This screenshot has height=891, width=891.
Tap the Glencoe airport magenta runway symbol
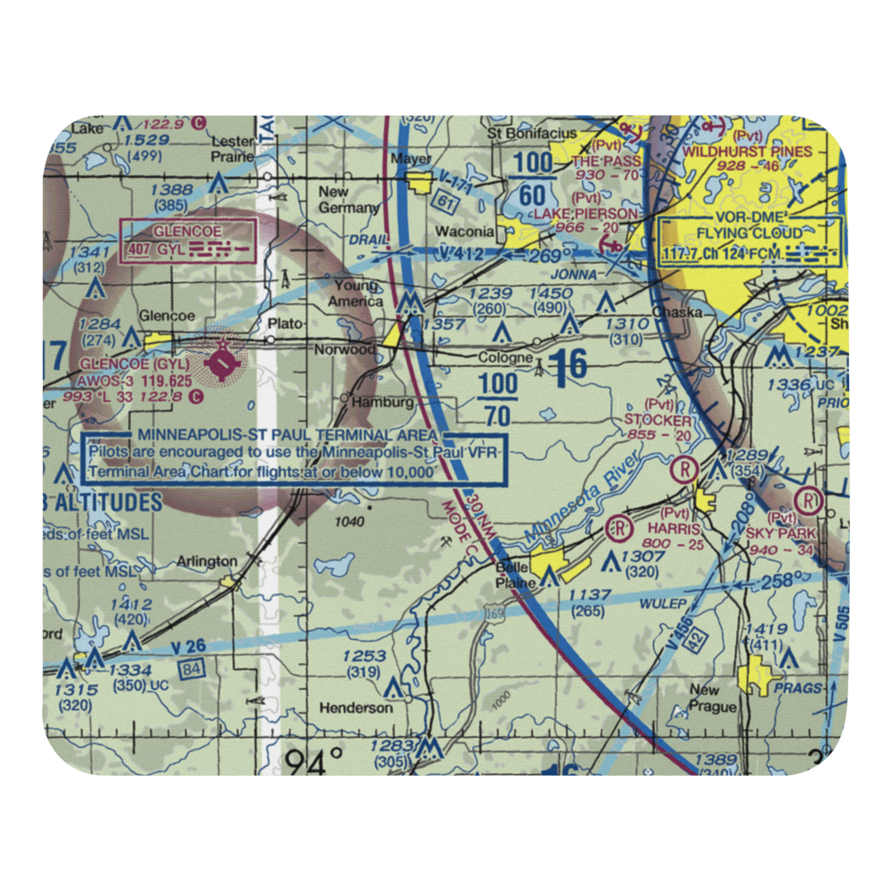click(x=222, y=362)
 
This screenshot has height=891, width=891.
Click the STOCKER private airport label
click(x=658, y=420)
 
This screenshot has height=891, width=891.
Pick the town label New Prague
click(x=712, y=699)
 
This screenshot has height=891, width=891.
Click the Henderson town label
click(x=356, y=707)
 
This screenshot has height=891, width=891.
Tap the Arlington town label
click(x=207, y=561)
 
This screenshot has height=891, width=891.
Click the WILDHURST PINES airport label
click(x=747, y=152)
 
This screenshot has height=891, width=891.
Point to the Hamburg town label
click(x=383, y=402)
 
